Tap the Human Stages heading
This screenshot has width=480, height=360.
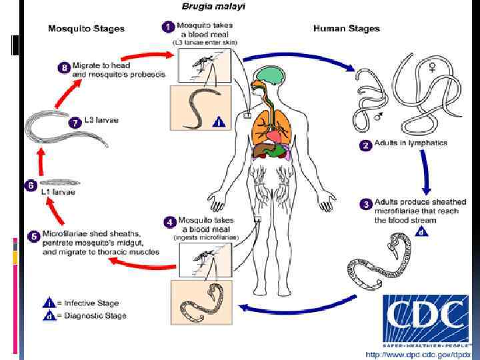346,29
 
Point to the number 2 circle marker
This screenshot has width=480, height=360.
365,145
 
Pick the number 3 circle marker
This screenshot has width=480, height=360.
365,204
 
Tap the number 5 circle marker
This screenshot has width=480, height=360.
33,236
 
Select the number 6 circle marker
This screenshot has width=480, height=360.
30,185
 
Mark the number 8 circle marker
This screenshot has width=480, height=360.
64,67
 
